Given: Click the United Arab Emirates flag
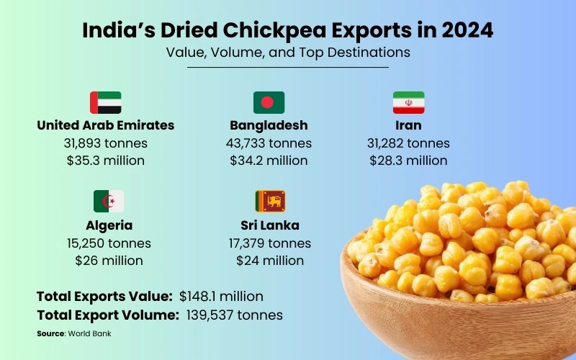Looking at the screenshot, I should [x=105, y=102].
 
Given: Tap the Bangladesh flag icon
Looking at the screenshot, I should [x=269, y=102].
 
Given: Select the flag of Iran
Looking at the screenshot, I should [x=408, y=102].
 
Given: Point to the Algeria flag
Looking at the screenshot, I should [x=109, y=201].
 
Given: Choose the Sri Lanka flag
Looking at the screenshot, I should [x=270, y=201].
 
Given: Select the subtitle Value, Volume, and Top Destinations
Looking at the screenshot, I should [x=288, y=53].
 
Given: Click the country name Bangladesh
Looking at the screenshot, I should [x=269, y=125].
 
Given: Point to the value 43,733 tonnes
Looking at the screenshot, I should [x=269, y=143].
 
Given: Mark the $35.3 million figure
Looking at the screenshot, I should [x=105, y=161].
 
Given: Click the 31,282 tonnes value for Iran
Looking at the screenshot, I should [x=408, y=143].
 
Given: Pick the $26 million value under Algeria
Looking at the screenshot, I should [x=109, y=260].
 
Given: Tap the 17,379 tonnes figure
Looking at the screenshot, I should [x=270, y=243].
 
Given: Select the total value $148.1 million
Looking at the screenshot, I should [x=221, y=296].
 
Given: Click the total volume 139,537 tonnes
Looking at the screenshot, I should [x=234, y=315].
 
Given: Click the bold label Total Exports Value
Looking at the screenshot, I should [x=104, y=296].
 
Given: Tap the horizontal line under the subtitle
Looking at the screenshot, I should [x=288, y=67].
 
